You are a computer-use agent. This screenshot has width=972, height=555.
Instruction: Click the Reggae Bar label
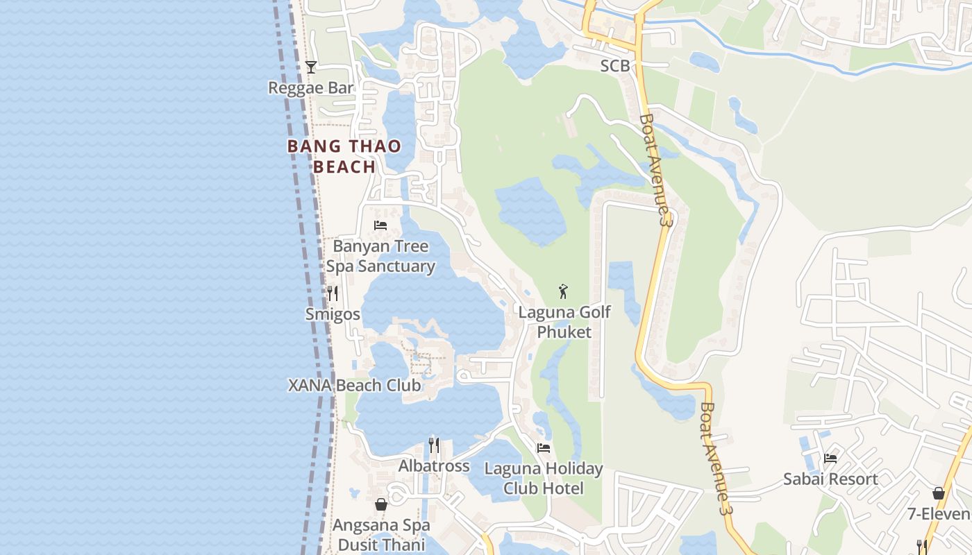pyautogui.click(x=311, y=88)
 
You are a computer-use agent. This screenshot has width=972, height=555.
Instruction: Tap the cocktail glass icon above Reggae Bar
pyautogui.click(x=311, y=67)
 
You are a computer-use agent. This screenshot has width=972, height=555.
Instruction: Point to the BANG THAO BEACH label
pyautogui.click(x=344, y=156)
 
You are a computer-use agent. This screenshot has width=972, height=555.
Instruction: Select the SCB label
pyautogui.click(x=614, y=66)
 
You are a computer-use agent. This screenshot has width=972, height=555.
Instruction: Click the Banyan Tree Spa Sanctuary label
pyautogui.click(x=380, y=256)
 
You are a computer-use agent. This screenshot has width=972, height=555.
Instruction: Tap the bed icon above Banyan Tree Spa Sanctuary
pyautogui.click(x=380, y=225)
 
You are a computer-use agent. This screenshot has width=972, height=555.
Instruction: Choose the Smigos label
pyautogui.click(x=333, y=314)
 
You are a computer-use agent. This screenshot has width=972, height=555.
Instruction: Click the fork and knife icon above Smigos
pyautogui.click(x=333, y=293)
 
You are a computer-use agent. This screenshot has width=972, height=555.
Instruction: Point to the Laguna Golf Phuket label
pyautogui.click(x=564, y=322)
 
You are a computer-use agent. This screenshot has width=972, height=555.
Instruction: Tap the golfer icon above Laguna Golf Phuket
pyautogui.click(x=564, y=291)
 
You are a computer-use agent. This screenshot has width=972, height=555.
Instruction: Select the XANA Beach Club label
pyautogui.click(x=354, y=385)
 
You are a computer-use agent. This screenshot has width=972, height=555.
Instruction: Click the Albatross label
pyautogui.click(x=434, y=466)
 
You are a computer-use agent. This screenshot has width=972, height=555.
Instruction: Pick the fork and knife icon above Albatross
pyautogui.click(x=434, y=445)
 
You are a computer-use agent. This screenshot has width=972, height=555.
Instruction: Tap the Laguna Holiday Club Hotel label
pyautogui.click(x=544, y=478)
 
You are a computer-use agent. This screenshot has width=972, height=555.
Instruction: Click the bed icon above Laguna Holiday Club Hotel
pyautogui.click(x=544, y=448)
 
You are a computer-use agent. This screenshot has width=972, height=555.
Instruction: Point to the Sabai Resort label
pyautogui.click(x=830, y=479)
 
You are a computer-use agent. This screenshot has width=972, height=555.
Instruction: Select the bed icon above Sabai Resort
pyautogui.click(x=830, y=458)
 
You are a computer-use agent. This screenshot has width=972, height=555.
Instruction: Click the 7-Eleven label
pyautogui.click(x=939, y=514)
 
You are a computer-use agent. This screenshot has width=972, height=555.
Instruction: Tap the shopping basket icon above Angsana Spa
pyautogui.click(x=381, y=504)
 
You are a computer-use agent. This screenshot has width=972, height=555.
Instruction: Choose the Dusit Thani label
pyautogui.click(x=381, y=545)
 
